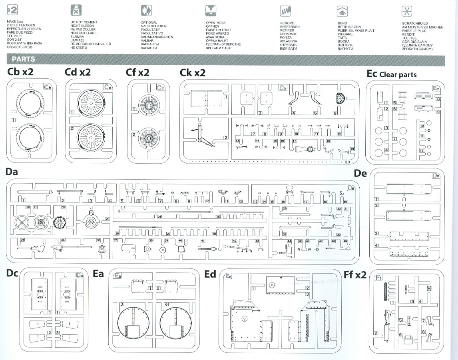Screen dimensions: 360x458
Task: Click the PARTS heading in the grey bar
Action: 23,59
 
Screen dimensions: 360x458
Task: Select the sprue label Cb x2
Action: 20,72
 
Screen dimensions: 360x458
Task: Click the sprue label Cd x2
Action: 78,72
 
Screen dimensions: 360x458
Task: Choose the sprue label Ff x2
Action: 354,274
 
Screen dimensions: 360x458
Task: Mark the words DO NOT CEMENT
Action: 84,22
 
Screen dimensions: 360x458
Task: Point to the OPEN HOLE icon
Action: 210,10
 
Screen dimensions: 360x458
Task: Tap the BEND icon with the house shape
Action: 342,10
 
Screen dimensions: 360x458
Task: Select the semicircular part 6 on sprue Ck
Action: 340,97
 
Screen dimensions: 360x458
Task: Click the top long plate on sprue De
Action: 407,188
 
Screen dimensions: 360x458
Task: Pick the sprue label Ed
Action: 210,274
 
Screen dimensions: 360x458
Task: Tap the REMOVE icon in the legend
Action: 285,11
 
